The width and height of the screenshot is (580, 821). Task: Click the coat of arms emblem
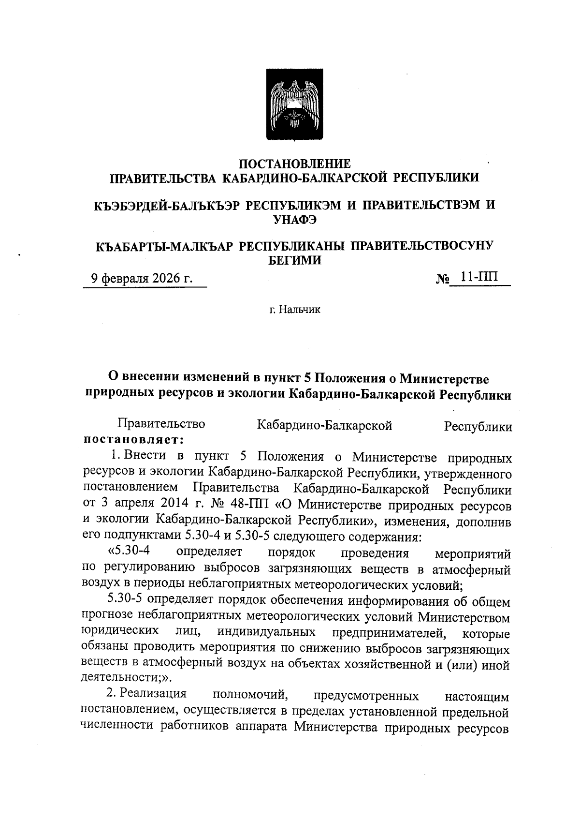pos(295,105)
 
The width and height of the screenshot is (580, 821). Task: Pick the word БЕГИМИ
pos(295,261)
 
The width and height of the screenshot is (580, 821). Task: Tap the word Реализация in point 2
pos(153,694)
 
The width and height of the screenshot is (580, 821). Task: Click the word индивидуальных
pos(266,633)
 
